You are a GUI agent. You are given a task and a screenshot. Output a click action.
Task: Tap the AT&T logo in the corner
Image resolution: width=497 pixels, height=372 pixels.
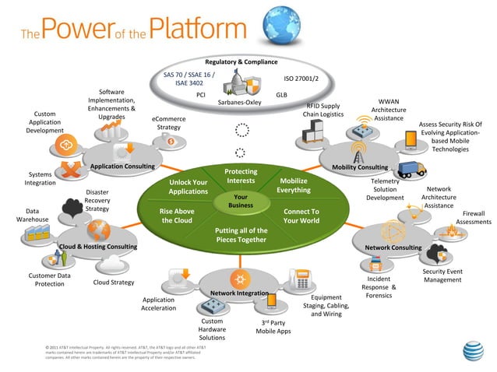[474, 353]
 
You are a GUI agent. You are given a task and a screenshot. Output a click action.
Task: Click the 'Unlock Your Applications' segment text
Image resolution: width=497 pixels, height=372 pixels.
[189, 187]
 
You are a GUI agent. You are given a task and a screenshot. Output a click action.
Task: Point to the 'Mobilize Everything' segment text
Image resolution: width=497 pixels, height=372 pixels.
[294, 185]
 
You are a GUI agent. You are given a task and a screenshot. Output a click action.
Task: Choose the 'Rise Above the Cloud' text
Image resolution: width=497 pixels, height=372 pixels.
[177, 216]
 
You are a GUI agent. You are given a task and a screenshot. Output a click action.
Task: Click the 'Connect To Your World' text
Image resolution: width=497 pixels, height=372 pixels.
[301, 216]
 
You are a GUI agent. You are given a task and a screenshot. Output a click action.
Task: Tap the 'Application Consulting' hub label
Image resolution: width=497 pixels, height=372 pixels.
[122, 167]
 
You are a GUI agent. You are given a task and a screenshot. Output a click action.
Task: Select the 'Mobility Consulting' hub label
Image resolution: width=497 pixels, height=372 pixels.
[360, 167]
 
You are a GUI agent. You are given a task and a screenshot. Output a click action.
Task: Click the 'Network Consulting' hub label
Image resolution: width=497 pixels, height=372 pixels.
[393, 247]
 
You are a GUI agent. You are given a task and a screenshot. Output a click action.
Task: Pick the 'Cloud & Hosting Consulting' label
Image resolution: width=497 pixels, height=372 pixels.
[98, 247]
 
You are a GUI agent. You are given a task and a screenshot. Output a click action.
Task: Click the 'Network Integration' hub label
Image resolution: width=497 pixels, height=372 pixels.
[239, 293]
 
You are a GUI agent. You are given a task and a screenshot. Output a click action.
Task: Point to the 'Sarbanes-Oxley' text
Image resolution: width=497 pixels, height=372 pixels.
[239, 102]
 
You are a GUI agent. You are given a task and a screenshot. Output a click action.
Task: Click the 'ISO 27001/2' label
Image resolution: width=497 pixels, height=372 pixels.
[301, 78]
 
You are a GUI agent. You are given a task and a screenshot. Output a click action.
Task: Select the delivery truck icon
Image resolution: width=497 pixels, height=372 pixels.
[410, 169]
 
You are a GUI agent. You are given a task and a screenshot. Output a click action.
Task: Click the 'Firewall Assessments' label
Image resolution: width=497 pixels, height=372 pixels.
[473, 217]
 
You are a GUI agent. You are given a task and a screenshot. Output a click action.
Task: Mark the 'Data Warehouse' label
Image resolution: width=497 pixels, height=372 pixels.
[33, 215]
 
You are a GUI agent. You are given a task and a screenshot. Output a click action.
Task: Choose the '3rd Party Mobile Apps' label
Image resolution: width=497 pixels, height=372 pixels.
[273, 326]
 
